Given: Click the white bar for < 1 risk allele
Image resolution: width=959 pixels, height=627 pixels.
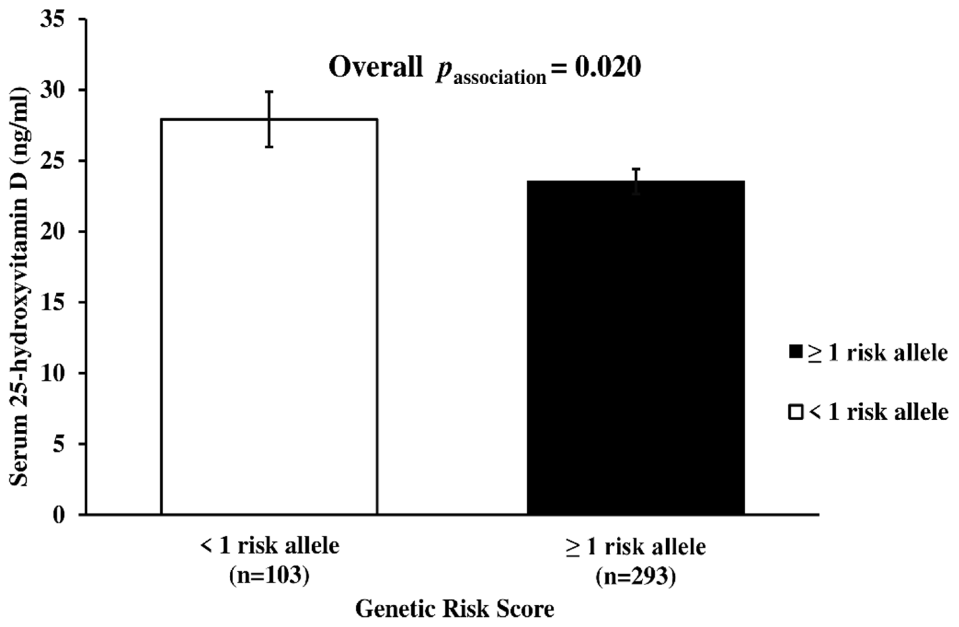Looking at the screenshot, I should (269, 322).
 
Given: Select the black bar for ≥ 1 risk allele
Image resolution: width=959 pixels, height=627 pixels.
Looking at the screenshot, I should (636, 350).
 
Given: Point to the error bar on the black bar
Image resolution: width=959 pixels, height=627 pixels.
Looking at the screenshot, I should (636, 181).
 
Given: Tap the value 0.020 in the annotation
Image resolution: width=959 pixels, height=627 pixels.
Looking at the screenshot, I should (607, 68).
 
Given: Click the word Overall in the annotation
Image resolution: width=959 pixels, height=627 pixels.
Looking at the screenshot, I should (376, 68).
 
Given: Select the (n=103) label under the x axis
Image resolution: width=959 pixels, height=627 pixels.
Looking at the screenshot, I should (269, 576).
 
